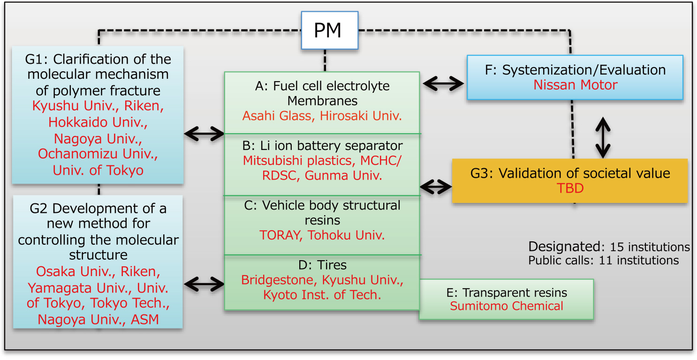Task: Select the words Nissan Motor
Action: coord(576,85)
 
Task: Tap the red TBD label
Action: coord(569,188)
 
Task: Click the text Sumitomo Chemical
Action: coord(507,306)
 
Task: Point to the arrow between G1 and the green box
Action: coord(205,134)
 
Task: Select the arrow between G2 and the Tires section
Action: coord(205,283)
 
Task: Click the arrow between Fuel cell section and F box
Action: coord(443,84)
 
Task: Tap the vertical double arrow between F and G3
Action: coord(603,137)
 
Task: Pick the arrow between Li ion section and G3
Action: coord(436,187)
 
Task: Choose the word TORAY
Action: coord(280,235)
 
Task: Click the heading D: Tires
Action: coord(322,265)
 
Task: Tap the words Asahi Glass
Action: coord(277,116)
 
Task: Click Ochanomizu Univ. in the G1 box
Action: coord(98,154)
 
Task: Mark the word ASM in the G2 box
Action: coord(144,320)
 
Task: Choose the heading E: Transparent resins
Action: coord(507,293)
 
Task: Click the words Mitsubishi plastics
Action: coord(297,160)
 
